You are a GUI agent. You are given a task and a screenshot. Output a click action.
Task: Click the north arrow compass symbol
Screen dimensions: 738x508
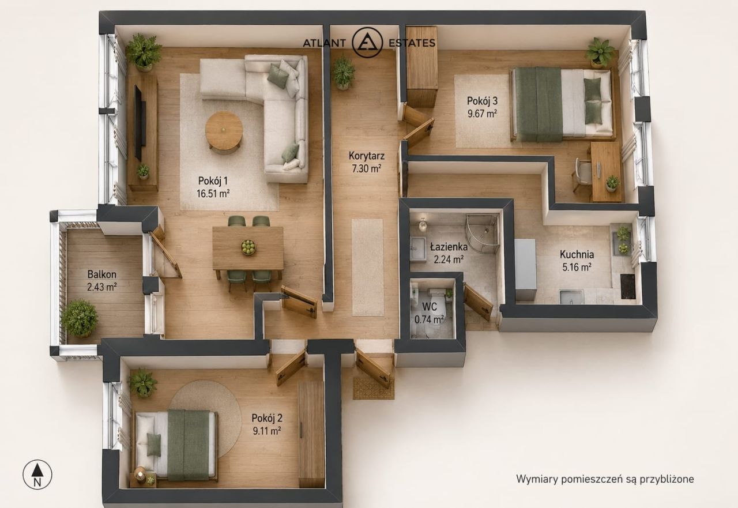pyautogui.click(x=37, y=475)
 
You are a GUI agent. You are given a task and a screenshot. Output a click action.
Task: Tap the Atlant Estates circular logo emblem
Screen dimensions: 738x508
pyautogui.click(x=367, y=43)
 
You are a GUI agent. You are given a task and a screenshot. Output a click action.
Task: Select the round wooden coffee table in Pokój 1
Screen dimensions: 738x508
pyautogui.click(x=224, y=131)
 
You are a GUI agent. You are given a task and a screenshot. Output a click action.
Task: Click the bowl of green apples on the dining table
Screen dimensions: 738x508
pyautogui.click(x=248, y=247)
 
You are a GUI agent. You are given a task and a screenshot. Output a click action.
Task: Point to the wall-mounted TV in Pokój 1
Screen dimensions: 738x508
pyautogui.click(x=140, y=123)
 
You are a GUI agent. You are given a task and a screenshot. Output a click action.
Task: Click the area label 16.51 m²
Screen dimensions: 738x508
pyautogui.click(x=213, y=193)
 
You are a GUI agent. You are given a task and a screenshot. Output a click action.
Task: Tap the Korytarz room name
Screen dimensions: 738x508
pyautogui.click(x=366, y=156)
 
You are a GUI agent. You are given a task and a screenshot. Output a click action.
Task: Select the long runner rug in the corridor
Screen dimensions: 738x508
pyautogui.click(x=368, y=268)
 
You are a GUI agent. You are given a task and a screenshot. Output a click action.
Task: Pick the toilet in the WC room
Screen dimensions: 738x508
pyautogui.click(x=436, y=302)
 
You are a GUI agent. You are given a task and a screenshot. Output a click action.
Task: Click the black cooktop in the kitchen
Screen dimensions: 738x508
pyautogui.click(x=628, y=286)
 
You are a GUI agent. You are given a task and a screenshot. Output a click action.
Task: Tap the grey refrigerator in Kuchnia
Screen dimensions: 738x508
pyautogui.click(x=525, y=269)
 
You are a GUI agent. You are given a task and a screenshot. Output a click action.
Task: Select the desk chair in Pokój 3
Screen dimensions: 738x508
pyautogui.click(x=582, y=174)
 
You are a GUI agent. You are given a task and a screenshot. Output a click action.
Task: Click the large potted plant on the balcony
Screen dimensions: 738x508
pyautogui.click(x=80, y=318)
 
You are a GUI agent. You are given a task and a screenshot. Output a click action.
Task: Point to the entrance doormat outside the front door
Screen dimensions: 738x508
pyautogui.click(x=373, y=389)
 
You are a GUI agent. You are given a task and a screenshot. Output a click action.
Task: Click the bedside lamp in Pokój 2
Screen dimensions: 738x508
pyautogui.click(x=140, y=474)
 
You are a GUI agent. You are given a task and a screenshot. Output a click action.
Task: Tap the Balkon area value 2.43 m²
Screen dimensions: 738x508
pyautogui.click(x=102, y=287)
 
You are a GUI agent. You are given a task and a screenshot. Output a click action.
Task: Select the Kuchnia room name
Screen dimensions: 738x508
pyautogui.click(x=577, y=254)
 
